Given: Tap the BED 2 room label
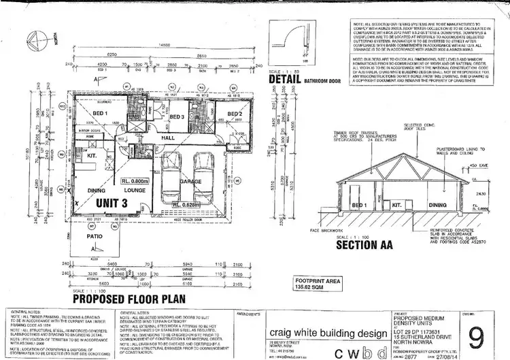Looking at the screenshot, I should tap(235, 114).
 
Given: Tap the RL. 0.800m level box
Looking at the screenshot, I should tap(135, 182).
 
